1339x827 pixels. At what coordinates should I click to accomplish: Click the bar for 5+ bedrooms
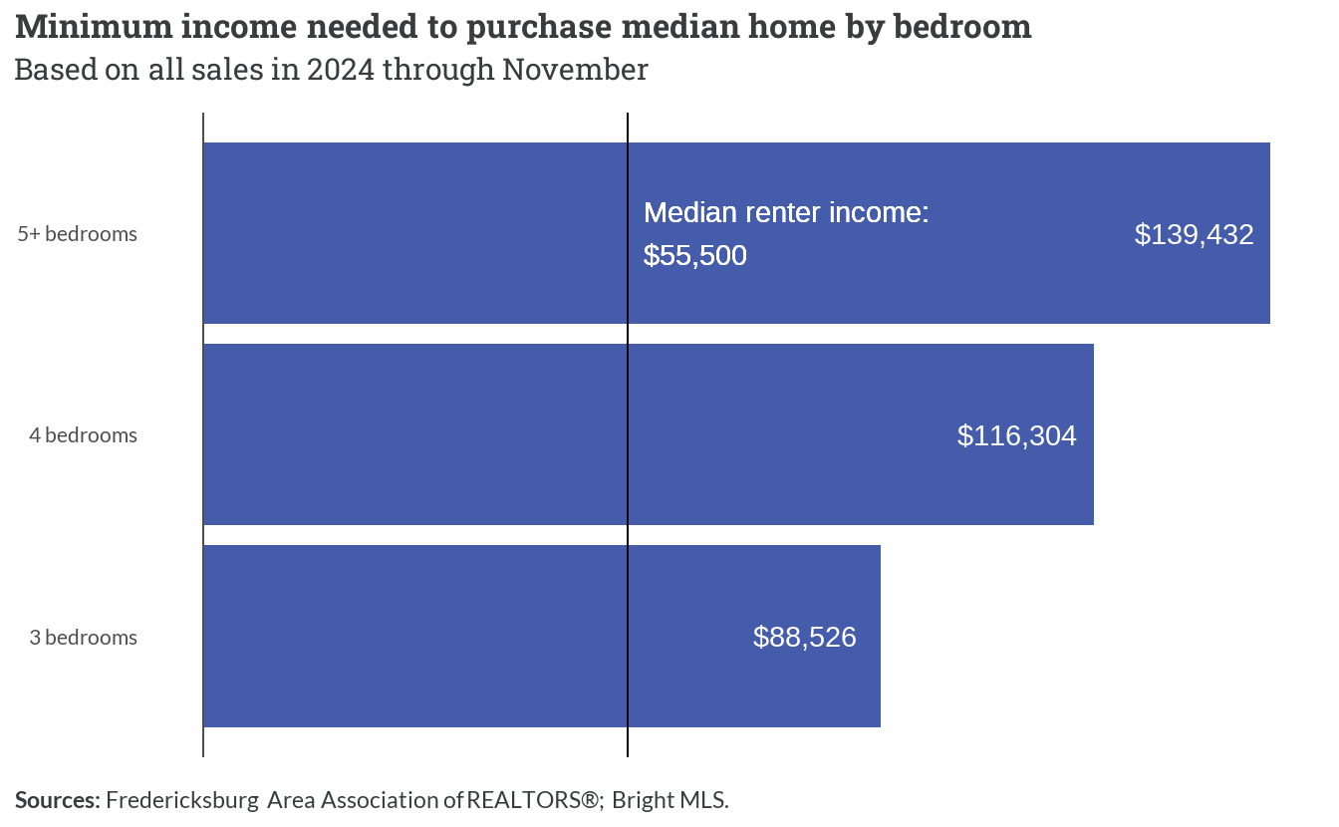coord(736,233)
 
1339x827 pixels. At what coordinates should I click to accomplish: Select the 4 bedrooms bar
coord(649,434)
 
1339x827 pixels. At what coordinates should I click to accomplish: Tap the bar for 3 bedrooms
coord(542,637)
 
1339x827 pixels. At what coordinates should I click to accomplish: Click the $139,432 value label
coord(1194,234)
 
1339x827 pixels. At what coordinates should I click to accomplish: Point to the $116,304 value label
coord(1017,436)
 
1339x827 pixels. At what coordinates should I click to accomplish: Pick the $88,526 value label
coord(805,638)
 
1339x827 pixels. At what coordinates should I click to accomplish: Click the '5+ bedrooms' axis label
coord(77,234)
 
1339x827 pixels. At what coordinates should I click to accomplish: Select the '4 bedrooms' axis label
coord(83,435)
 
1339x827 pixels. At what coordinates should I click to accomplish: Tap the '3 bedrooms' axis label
coord(83,638)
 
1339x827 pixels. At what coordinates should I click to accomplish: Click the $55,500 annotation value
coord(695,256)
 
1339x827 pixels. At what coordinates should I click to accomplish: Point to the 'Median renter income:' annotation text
coord(786,213)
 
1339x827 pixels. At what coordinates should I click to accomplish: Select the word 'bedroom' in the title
coord(962,27)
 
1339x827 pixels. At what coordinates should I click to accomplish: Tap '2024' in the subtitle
coord(341,70)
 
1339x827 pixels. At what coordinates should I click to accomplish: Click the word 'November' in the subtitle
coord(575,70)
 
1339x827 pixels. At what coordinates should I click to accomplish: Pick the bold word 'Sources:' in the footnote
coord(58,800)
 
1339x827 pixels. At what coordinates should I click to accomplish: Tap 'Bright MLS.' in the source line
coord(670,800)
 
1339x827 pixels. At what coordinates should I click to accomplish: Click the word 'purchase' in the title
coord(539,28)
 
